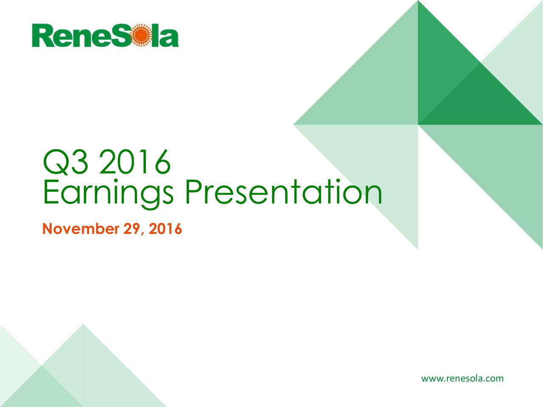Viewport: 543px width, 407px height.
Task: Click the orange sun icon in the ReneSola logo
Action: click(140, 36)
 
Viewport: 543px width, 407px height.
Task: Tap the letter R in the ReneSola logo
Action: click(42, 36)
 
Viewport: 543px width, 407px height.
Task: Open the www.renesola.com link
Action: click(462, 378)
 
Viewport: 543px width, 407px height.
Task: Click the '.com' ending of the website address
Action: click(494, 378)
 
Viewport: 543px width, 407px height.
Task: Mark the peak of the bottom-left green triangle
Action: click(83, 325)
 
